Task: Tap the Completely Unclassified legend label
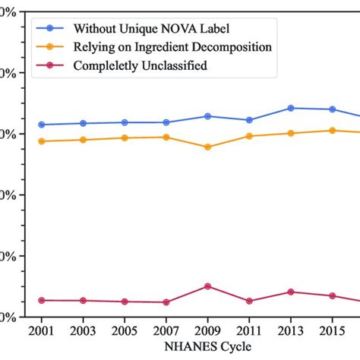(140, 66)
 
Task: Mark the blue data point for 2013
(291, 108)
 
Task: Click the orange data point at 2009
(207, 147)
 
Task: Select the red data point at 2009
(207, 286)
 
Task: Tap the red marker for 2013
(291, 292)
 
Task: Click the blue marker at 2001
(41, 125)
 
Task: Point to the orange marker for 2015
(332, 130)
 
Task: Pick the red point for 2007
(166, 302)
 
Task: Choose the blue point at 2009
(207, 116)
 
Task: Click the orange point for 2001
(41, 141)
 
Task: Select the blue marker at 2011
(249, 120)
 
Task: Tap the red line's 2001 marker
(41, 301)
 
